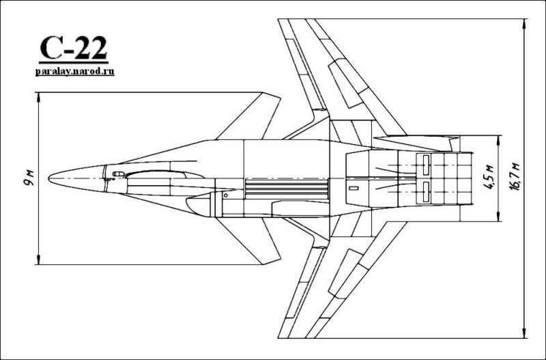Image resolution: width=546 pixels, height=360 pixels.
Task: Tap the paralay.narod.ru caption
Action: click(x=74, y=70)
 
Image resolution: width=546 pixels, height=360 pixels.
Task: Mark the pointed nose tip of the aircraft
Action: click(x=49, y=179)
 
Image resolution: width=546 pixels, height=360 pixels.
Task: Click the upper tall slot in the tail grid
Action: click(x=425, y=164)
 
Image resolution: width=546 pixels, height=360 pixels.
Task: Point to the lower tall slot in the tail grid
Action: click(x=425, y=189)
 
